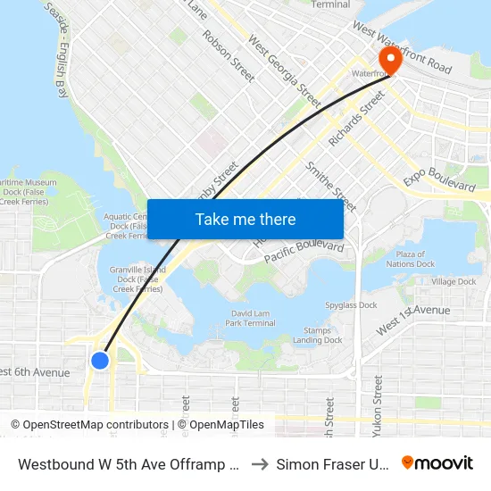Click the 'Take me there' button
tap(245, 219)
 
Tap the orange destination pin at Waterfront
tap(390, 60)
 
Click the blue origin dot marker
tap(100, 360)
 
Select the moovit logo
tap(437, 463)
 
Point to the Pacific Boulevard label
tap(304, 252)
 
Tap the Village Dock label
tap(454, 282)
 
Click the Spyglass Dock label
tap(351, 304)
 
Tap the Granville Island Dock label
tap(134, 279)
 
